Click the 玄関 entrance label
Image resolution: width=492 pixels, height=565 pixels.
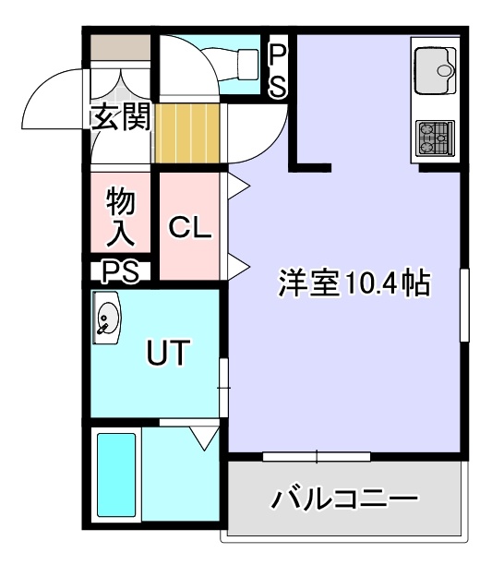click(x=120, y=116)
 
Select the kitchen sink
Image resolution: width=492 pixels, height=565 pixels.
click(x=435, y=71)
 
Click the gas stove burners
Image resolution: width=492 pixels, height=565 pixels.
click(x=435, y=138)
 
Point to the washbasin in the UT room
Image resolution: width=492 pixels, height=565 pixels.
click(x=106, y=318)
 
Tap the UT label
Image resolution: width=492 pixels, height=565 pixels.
click(x=168, y=352)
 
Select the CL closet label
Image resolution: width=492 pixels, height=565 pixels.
click(x=190, y=227)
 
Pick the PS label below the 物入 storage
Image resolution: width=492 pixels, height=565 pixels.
click(x=120, y=271)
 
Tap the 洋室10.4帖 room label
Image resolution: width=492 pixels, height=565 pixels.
click(x=354, y=282)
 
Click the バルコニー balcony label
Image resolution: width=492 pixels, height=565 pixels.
click(x=344, y=499)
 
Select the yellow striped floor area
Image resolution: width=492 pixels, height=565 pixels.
click(x=187, y=133)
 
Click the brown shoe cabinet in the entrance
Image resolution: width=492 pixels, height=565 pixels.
click(x=120, y=47)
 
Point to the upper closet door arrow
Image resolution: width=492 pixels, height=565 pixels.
click(x=238, y=186)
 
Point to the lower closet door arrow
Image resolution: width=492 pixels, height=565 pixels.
click(x=238, y=267)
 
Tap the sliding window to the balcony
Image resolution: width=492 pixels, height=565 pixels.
click(x=317, y=457)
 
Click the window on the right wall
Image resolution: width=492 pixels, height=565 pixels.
click(x=464, y=305)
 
